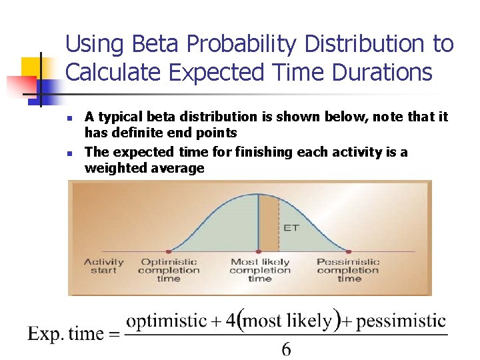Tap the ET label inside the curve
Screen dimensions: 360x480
coord(291,227)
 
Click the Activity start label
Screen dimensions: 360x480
coord(104,266)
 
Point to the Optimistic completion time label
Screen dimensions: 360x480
coord(169,270)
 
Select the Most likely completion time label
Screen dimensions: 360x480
coord(260,270)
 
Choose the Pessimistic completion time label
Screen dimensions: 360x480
coord(348,270)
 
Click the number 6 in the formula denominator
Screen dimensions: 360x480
coord(286,349)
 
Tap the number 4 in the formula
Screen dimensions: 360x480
coord(231,321)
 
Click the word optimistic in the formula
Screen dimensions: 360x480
coord(166,321)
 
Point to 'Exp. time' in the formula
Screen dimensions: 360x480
coord(65,334)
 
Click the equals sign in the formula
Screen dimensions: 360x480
coord(115,335)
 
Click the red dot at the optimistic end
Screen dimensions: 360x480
coord(168,251)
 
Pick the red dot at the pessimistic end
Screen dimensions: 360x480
coord(348,251)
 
